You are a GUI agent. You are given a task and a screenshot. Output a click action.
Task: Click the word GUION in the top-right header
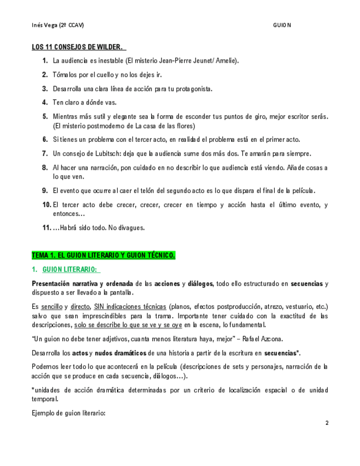click(x=282, y=25)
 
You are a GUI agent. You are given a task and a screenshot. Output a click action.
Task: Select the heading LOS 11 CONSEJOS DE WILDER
click(x=77, y=47)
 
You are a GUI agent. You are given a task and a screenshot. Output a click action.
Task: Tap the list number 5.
click(x=45, y=116)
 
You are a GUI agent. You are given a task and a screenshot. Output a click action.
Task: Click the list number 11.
click(x=47, y=228)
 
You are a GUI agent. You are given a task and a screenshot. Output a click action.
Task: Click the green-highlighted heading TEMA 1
click(x=103, y=255)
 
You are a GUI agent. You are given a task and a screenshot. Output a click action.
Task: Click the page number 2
click(x=326, y=423)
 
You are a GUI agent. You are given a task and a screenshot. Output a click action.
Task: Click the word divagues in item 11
click(x=131, y=228)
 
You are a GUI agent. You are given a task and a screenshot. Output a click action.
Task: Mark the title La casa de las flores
click(x=171, y=125)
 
